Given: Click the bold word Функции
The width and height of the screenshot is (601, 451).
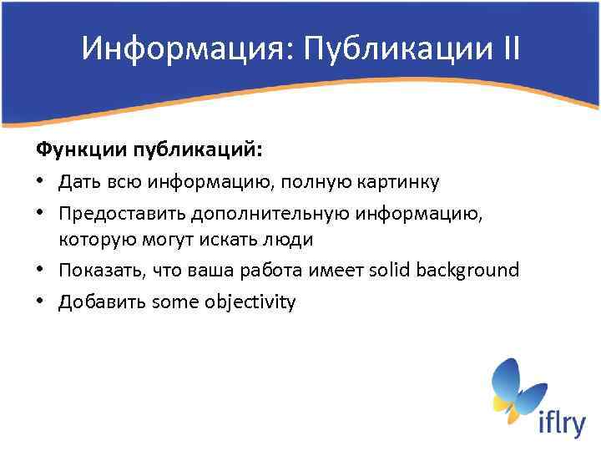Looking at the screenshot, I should click(x=73, y=150).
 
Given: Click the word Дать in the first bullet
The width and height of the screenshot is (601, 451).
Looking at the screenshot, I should click(x=78, y=180).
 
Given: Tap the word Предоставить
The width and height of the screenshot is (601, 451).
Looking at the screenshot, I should click(x=122, y=210).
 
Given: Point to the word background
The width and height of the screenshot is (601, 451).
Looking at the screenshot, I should click(x=469, y=270).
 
